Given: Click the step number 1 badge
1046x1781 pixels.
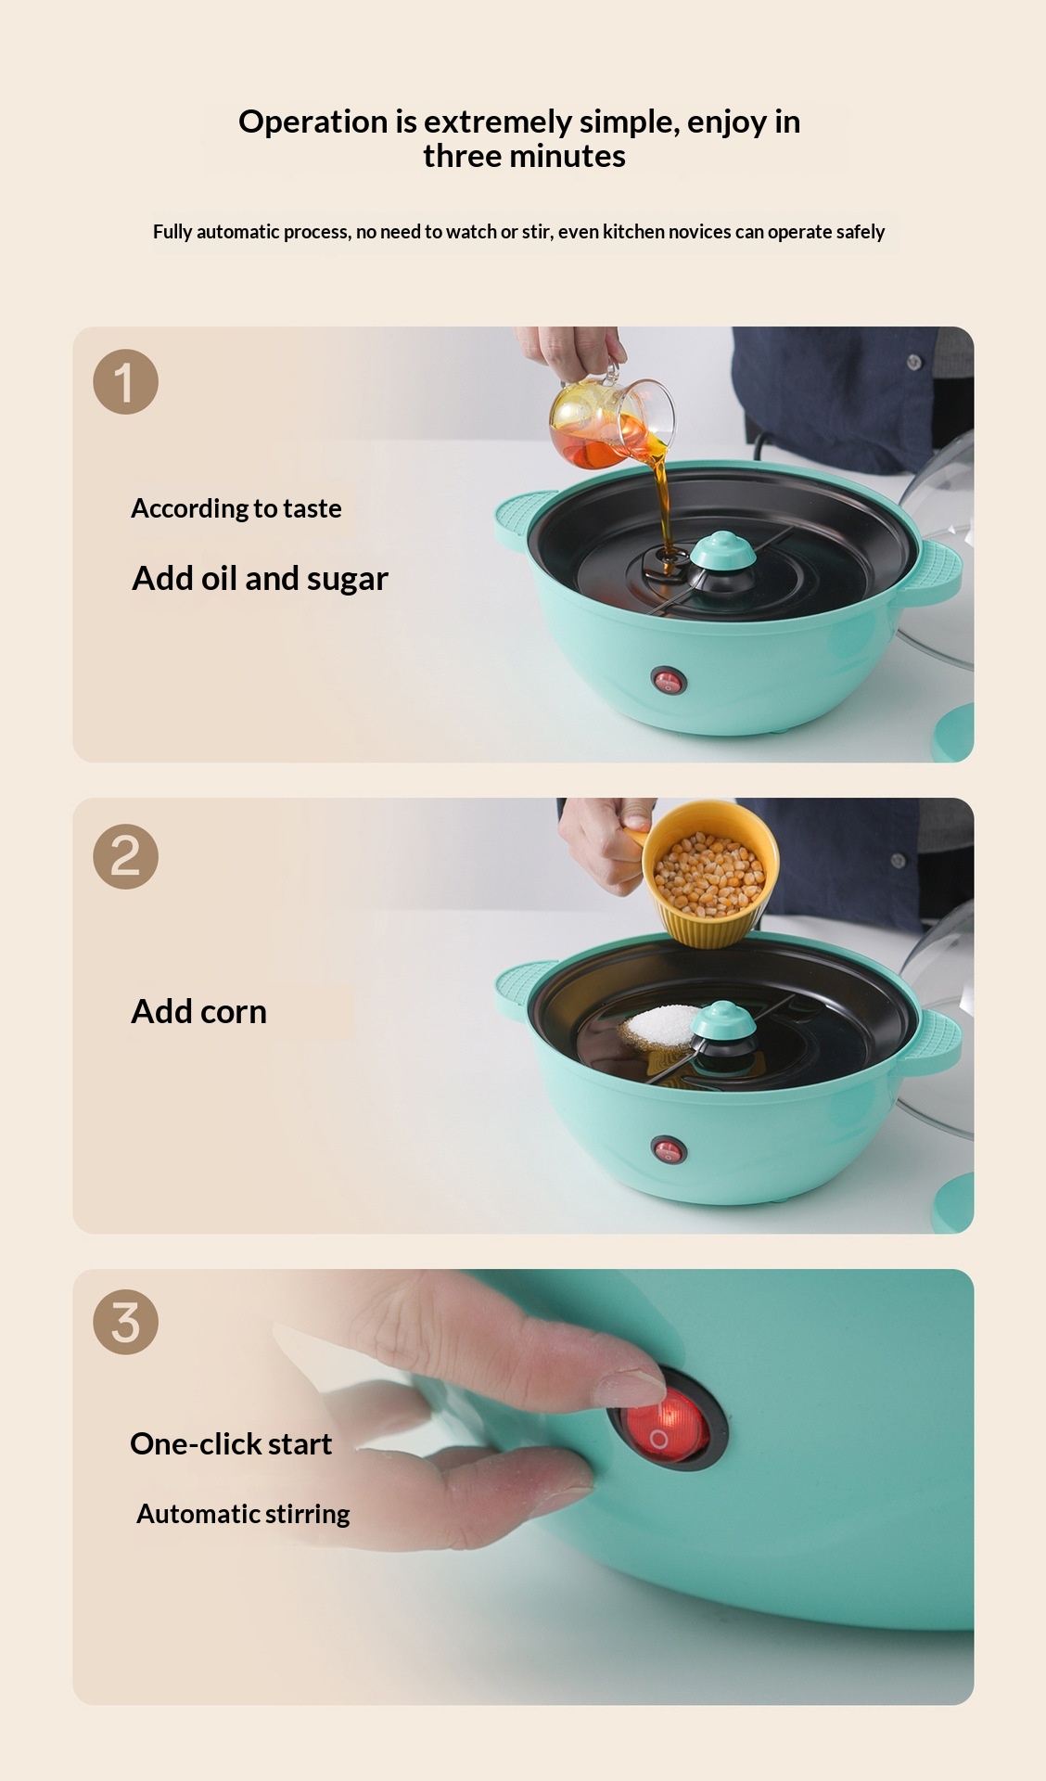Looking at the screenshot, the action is click(125, 381).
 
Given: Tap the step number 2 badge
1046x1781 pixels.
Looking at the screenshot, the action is click(125, 856).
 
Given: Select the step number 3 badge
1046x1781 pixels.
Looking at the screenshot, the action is click(125, 1322).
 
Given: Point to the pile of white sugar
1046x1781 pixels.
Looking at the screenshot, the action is click(659, 1023).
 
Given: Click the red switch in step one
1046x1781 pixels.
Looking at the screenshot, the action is click(668, 682).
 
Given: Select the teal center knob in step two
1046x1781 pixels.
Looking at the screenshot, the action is click(723, 1021).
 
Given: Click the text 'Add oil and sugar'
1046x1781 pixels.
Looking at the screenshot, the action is click(260, 578).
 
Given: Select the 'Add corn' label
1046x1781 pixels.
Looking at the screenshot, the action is click(199, 1011).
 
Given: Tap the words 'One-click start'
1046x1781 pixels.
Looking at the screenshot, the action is click(231, 1443).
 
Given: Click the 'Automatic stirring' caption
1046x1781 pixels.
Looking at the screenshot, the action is click(243, 1514).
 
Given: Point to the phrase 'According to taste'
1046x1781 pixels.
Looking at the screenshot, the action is click(236, 508).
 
